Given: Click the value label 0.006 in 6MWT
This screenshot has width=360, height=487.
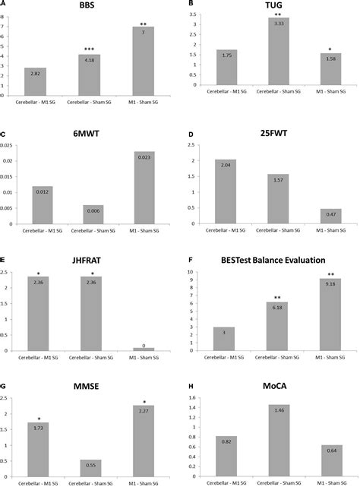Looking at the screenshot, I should [x=89, y=209].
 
